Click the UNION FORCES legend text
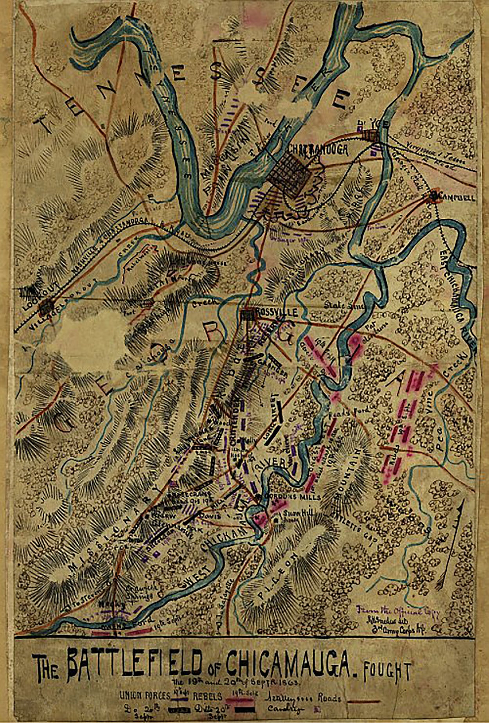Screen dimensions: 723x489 pyautogui.click(x=145, y=695)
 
